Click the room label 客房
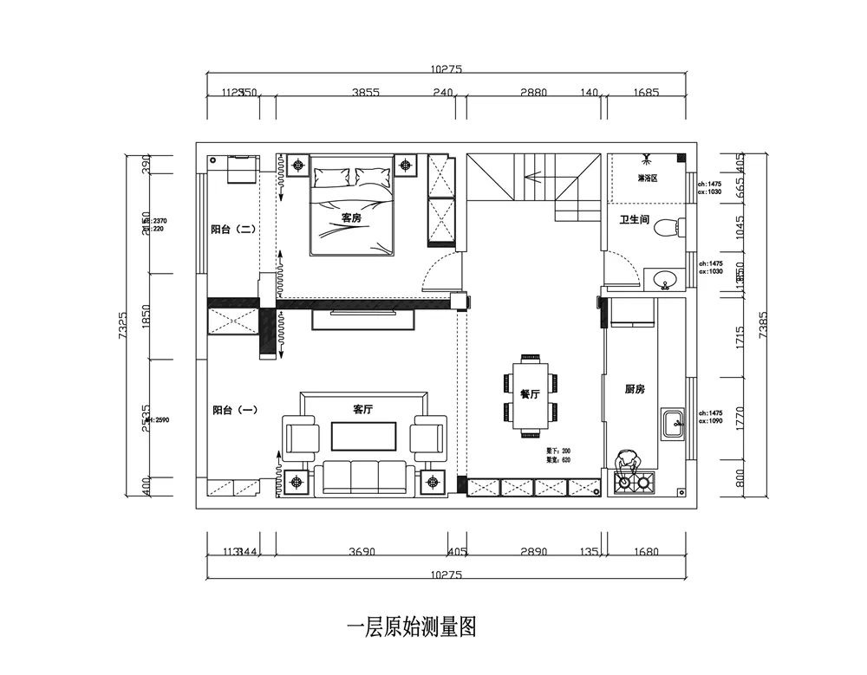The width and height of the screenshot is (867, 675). [351, 217]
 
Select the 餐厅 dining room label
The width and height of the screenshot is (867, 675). [530, 393]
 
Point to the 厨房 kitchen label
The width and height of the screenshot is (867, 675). [635, 389]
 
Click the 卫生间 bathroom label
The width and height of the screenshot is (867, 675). [634, 221]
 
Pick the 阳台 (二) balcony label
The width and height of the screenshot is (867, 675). [231, 230]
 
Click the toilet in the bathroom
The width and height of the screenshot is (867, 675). [668, 227]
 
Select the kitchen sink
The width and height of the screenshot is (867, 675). [673, 425]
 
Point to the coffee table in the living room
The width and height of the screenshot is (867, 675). [362, 436]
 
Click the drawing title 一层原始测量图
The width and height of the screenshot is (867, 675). [412, 626]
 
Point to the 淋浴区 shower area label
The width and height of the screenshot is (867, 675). [647, 178]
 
